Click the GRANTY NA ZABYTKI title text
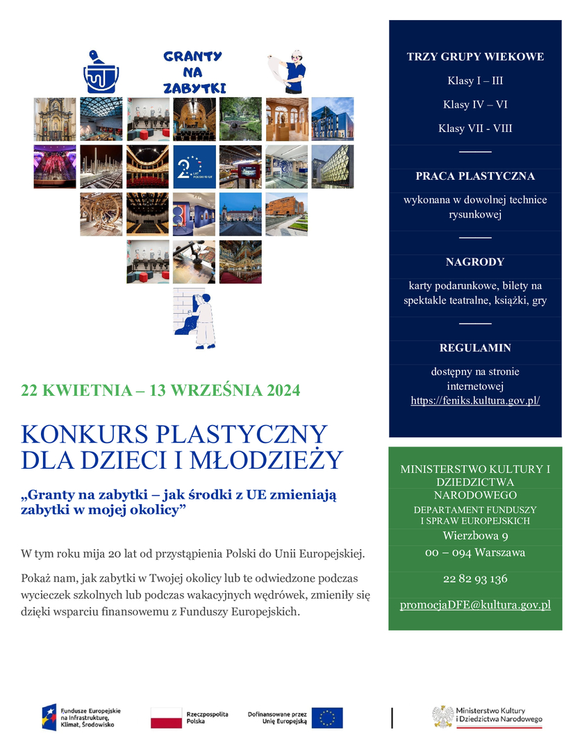click(192, 72)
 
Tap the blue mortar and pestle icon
click(101, 72)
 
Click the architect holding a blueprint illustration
click(287, 71)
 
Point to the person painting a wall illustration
click(194, 318)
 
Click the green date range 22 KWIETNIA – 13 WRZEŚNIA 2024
click(161, 390)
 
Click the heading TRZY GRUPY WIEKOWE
click(475, 57)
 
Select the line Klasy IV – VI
click(475, 105)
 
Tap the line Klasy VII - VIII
click(475, 128)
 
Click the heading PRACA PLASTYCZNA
click(475, 176)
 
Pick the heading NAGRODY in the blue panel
click(475, 262)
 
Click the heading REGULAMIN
click(475, 348)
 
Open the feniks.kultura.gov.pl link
click(475, 401)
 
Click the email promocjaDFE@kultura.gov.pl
click(475, 605)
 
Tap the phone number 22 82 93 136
click(475, 578)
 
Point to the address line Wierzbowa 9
click(475, 535)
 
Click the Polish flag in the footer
click(166, 718)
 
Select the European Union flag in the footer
click(326, 718)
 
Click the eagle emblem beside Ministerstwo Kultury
click(442, 717)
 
